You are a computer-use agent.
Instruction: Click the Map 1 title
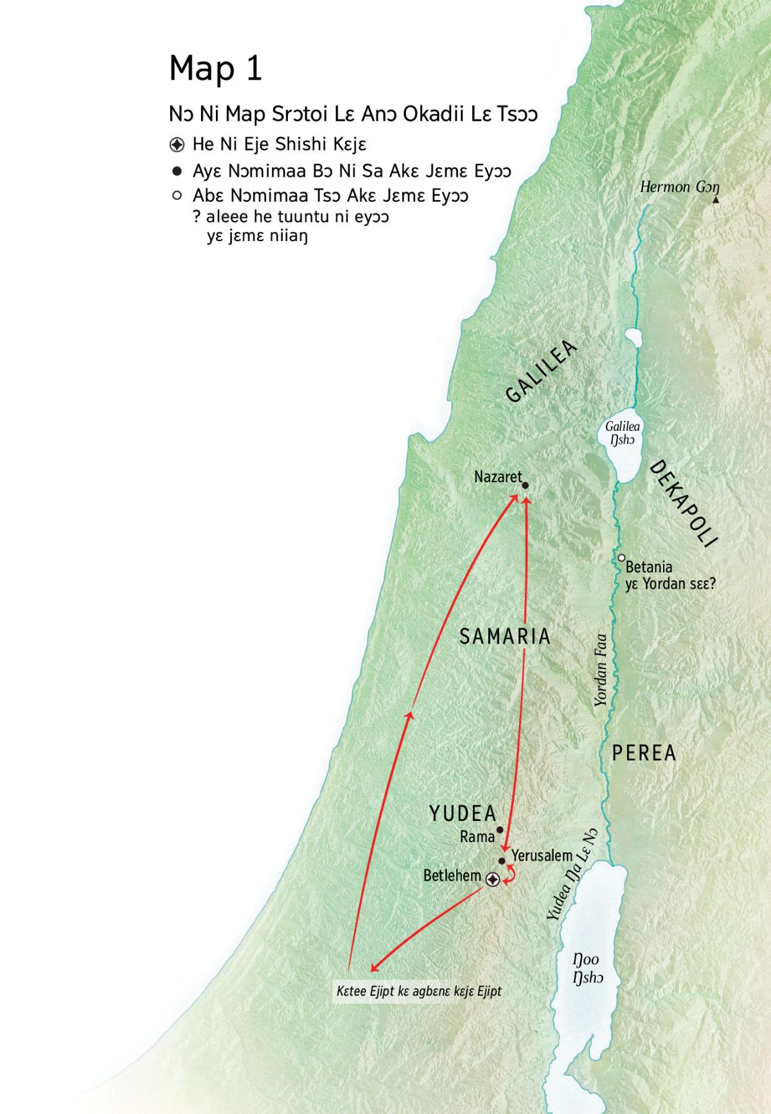(216, 68)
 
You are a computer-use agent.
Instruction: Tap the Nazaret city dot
(525, 486)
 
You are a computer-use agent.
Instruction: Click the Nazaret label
(498, 477)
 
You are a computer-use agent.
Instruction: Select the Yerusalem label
(542, 856)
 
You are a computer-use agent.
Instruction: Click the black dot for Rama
(500, 830)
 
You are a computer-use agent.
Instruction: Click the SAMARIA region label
(506, 636)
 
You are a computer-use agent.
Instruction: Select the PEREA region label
(644, 753)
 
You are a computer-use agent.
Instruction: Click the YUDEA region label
(463, 814)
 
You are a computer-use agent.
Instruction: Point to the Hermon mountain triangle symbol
(716, 201)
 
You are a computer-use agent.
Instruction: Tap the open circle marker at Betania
(621, 558)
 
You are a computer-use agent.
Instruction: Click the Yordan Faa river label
(601, 670)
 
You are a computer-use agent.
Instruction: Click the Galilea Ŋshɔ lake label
(622, 433)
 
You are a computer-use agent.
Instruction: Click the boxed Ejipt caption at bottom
(419, 991)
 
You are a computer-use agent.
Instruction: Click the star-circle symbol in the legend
(177, 145)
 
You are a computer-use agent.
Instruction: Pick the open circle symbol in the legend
(177, 195)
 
